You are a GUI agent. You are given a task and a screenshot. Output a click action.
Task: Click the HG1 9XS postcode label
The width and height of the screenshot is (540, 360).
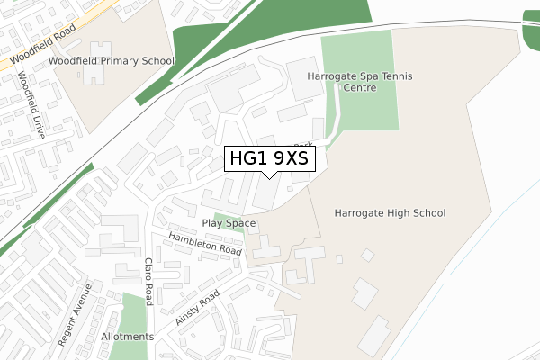(x=269, y=159)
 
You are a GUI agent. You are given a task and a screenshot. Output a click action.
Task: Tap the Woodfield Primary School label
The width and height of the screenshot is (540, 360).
(x=112, y=61)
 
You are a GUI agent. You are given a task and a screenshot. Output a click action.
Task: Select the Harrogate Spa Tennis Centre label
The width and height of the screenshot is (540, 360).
(x=359, y=83)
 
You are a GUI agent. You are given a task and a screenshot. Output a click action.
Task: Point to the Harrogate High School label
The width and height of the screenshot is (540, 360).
(x=390, y=213)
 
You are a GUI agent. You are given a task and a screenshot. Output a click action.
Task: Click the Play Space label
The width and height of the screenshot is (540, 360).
(x=229, y=223)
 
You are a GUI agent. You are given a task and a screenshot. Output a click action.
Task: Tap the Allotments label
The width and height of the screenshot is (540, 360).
(x=128, y=337)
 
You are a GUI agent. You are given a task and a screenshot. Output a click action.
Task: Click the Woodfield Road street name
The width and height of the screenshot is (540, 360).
(x=40, y=50)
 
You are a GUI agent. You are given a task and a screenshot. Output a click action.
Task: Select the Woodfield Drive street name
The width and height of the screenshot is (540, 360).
(x=31, y=100)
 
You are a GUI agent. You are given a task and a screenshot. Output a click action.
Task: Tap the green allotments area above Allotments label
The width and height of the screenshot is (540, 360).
(x=133, y=310)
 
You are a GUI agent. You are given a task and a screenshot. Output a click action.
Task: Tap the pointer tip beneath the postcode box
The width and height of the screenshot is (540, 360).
(x=269, y=177)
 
